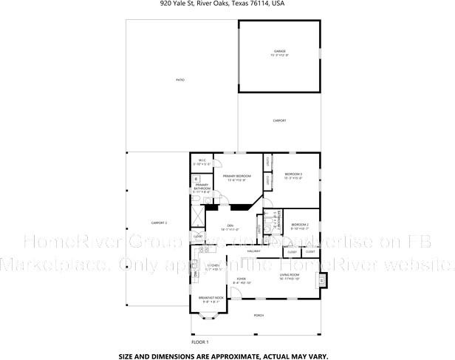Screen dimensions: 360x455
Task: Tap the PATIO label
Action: pos(180,80)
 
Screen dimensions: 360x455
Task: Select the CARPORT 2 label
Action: pos(160,223)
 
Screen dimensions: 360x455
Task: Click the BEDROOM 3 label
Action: pos(293,174)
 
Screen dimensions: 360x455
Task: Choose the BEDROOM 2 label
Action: pos(299,224)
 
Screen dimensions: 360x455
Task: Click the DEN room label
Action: pos(230,225)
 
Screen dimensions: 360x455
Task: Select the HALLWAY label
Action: pos(254,251)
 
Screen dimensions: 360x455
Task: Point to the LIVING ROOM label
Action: pos(289,275)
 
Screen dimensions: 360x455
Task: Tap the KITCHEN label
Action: pos(213,265)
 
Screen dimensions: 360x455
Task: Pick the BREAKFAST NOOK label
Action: pos(211,298)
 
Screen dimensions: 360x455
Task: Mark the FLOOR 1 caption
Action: pos(200,342)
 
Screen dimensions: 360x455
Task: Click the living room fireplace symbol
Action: pos(321,279)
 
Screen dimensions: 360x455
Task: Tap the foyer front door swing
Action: pos(233,293)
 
